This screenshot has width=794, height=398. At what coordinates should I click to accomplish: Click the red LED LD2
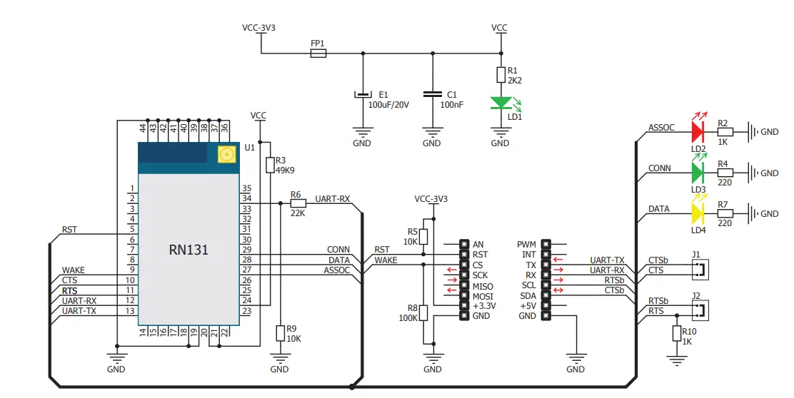point(698,131)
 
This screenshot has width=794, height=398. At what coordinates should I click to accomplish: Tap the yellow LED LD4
point(698,213)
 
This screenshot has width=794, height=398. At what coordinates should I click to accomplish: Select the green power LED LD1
point(500,104)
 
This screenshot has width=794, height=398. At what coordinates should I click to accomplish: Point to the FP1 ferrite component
point(318,53)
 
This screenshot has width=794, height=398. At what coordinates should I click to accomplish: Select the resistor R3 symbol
point(269,165)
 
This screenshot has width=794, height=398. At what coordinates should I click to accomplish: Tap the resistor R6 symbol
point(298,203)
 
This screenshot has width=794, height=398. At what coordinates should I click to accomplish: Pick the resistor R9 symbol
point(280,333)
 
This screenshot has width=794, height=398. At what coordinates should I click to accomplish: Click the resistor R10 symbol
point(675,333)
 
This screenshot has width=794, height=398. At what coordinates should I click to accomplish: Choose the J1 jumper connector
point(700,269)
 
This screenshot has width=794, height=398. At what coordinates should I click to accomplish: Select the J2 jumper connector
point(700,310)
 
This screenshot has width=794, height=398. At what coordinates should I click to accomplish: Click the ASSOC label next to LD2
point(661,128)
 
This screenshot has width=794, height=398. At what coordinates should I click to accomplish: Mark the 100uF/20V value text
point(389,105)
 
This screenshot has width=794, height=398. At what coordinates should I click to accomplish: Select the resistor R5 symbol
point(423,236)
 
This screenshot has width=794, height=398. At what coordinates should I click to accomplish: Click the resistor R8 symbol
point(423,312)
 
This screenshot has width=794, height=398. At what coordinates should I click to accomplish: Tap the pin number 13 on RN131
point(131,311)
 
